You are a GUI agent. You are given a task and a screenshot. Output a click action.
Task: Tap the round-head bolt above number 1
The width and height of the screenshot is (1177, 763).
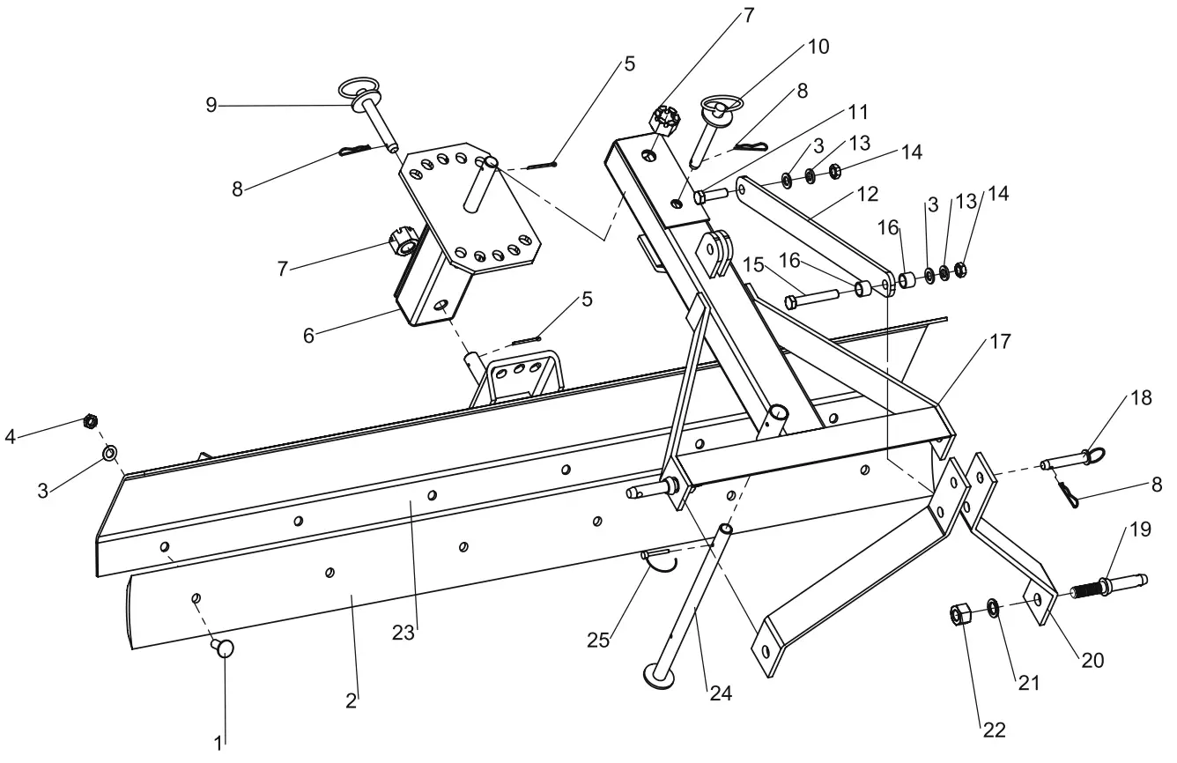[224, 649]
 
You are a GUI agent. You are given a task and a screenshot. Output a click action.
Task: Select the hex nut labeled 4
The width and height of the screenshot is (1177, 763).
[89, 421]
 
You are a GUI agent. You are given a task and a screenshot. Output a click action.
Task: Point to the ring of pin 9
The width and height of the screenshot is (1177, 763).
[358, 90]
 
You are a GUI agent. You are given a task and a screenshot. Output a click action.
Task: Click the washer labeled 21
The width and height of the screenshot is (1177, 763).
[992, 607]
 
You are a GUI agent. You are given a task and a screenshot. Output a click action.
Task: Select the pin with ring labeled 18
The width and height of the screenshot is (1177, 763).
[1066, 461]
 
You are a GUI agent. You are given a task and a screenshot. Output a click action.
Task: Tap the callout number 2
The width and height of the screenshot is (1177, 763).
[351, 701]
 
